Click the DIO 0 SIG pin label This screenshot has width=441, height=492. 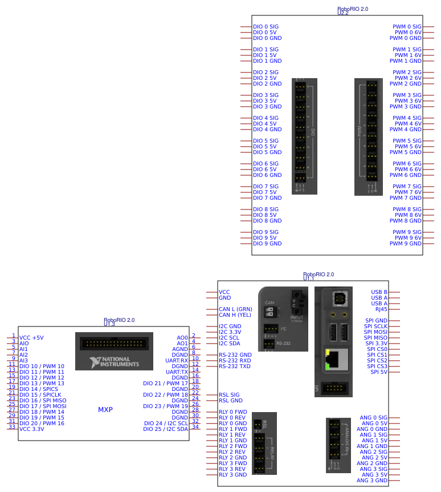pyautogui.click(x=266, y=27)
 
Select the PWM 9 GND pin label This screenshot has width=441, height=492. pyautogui.click(x=406, y=244)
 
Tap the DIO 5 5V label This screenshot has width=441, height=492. pyautogui.click(x=264, y=147)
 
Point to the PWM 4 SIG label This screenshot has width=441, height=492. pyautogui.click(x=407, y=118)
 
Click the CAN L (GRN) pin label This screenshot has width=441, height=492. pyautogui.click(x=235, y=309)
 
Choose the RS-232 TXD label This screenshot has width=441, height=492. pyautogui.click(x=235, y=366)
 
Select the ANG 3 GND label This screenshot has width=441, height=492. pyautogui.click(x=372, y=481)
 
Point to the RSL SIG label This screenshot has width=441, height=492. pyautogui.click(x=229, y=395)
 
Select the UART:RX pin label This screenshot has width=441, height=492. pyautogui.click(x=177, y=361)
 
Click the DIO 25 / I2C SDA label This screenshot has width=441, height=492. pyautogui.click(x=166, y=429)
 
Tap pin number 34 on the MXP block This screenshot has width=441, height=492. pyautogui.click(x=195, y=427)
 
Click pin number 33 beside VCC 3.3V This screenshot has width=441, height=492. pyautogui.click(x=12, y=427)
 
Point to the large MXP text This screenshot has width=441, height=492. pyautogui.click(x=105, y=410)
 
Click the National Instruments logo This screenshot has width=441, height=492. pyautogui.click(x=114, y=362)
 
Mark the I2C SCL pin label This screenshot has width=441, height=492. pyautogui.click(x=230, y=338)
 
